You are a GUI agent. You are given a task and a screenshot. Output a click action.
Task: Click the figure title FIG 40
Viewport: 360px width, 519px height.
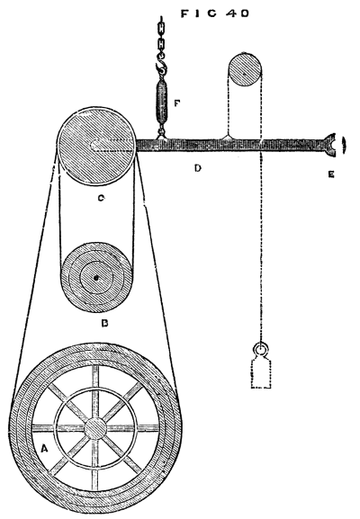[x=214, y=13]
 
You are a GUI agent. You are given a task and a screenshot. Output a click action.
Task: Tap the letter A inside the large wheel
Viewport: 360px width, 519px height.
[x=44, y=449]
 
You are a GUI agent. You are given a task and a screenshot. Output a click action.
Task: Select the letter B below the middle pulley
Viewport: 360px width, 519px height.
[x=104, y=323]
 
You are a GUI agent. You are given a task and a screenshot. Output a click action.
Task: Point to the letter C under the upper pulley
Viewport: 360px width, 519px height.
[x=101, y=198]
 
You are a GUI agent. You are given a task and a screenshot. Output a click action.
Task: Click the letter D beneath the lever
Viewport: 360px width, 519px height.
[x=197, y=168]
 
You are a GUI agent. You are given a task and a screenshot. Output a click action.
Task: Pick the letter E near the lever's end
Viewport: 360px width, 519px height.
[x=331, y=174]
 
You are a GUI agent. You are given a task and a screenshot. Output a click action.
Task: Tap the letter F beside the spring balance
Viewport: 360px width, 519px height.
[x=177, y=103]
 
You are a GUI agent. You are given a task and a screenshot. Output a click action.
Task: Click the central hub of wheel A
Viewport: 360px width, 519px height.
[x=95, y=428]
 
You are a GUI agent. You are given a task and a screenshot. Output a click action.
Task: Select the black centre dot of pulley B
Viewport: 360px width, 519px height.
[x=96, y=278]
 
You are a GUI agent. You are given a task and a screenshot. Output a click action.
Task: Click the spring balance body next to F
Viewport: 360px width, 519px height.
[x=161, y=100]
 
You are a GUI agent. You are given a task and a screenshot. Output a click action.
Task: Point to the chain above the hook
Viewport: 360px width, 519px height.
[x=161, y=37]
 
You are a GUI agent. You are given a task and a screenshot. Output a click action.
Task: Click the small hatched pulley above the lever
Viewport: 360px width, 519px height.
[x=244, y=75]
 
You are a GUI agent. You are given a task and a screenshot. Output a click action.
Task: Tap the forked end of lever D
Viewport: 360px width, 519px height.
[x=329, y=145]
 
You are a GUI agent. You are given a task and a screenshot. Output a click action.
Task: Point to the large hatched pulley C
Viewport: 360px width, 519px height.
[x=96, y=146]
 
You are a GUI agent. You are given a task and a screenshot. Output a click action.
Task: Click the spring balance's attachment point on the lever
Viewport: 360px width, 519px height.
[x=162, y=135]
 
